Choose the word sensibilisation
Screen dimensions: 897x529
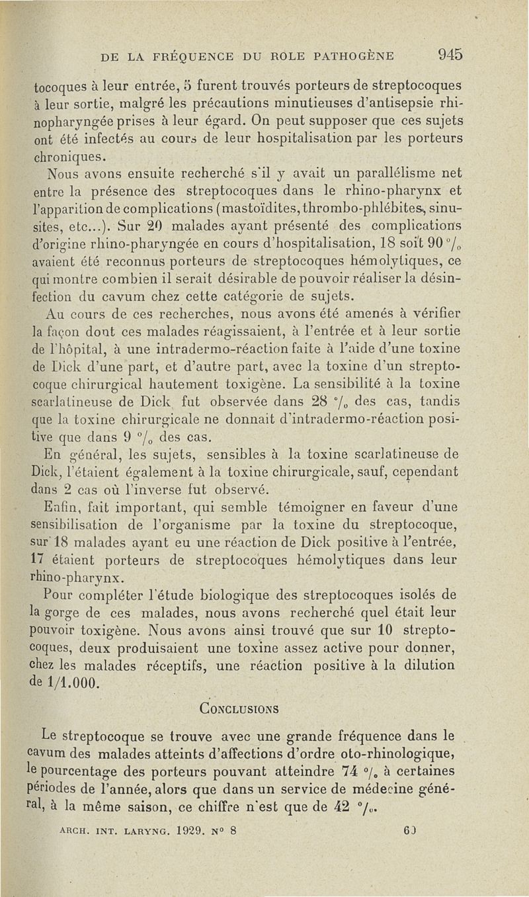pyautogui.click(x=78, y=526)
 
